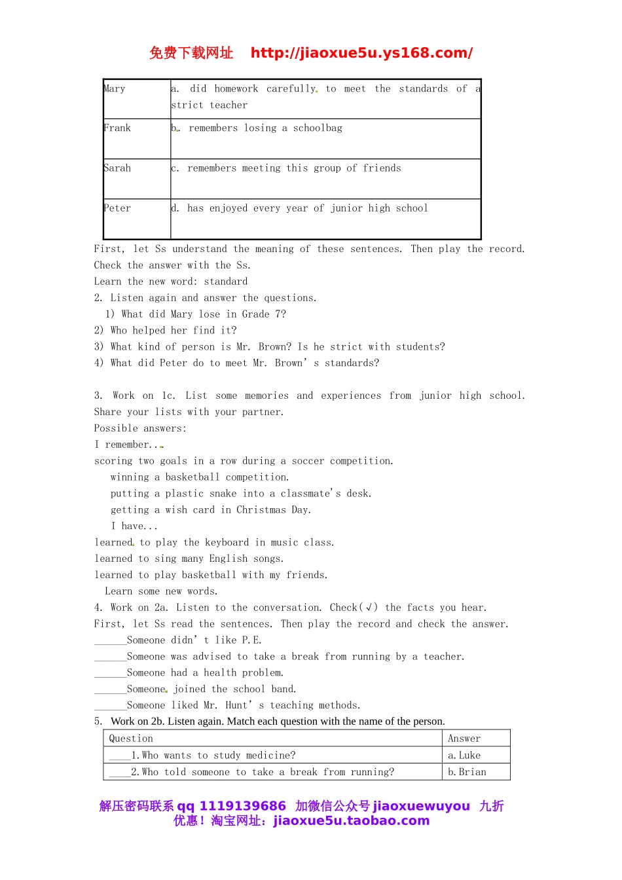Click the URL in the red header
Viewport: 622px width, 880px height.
point(361,53)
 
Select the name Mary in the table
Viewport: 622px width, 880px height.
point(115,89)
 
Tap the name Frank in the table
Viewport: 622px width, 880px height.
point(118,128)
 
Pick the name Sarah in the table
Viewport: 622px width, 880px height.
point(118,168)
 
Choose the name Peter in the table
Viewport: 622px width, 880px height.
point(118,208)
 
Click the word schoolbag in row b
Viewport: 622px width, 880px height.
point(318,128)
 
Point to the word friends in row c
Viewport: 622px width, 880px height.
point(382,168)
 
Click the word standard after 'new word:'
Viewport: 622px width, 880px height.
point(226,282)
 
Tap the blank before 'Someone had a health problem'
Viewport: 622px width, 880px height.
point(110,674)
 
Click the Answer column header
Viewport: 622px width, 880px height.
point(464,739)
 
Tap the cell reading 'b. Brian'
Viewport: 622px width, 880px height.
point(467,772)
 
